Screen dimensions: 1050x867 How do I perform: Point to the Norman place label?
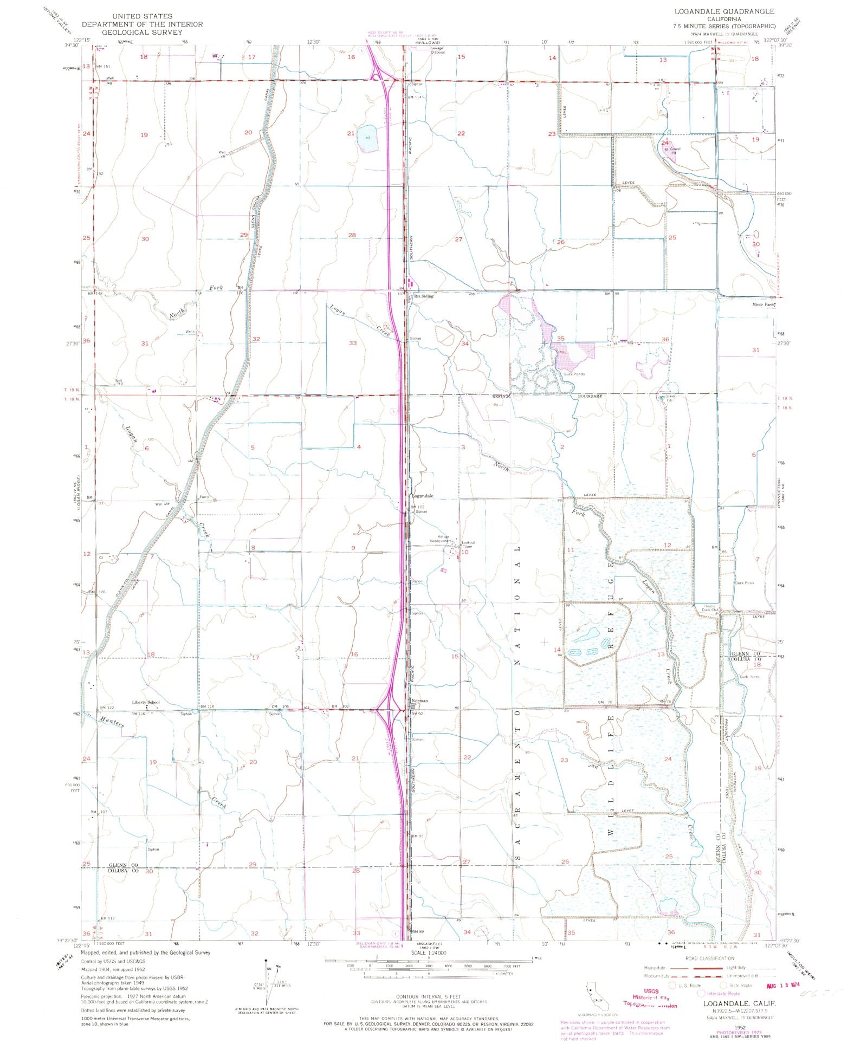(420, 701)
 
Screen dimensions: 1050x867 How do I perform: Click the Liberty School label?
(146, 702)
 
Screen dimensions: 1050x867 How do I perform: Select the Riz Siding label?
(424, 296)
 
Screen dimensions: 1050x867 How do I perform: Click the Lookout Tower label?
(468, 545)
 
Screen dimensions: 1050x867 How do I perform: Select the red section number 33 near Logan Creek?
(353, 343)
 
